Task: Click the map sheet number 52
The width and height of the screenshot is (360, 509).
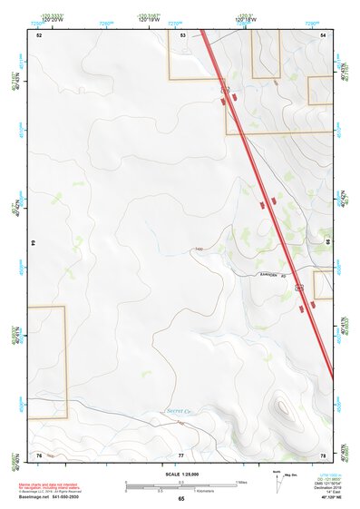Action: pos(39,34)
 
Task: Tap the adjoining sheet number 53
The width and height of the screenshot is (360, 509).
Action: pos(183,34)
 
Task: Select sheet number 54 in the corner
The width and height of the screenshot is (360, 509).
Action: pos(324,34)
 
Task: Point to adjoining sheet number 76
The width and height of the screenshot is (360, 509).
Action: pos(39,454)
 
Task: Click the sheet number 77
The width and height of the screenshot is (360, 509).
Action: pos(180,454)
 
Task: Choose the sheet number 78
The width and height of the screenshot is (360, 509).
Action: pos(323,454)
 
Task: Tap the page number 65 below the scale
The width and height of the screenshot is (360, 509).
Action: pos(181,499)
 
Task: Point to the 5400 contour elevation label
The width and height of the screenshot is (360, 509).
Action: pos(198,249)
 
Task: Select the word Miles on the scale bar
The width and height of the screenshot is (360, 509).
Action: pos(241,482)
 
